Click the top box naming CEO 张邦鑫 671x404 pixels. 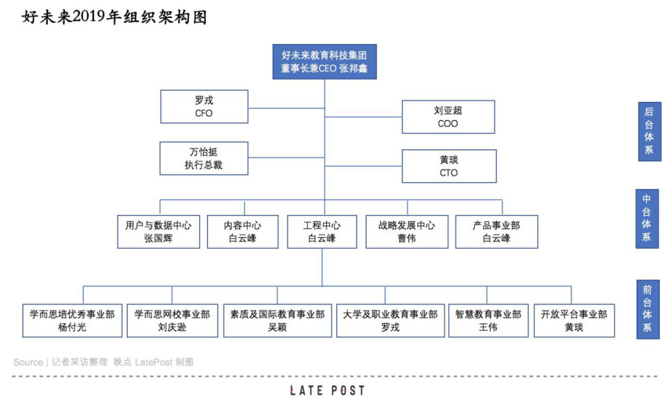pos(324,62)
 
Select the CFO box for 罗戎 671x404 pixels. pos(204,106)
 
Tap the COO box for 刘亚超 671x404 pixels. pos(448,117)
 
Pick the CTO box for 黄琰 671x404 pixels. pos(449,166)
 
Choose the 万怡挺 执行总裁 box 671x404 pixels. pos(204,158)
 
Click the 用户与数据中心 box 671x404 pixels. pos(158,232)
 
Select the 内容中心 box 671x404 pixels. pos(242,232)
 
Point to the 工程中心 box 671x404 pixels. pos(322,232)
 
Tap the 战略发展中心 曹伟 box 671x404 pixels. pos(407,232)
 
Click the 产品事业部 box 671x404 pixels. pos(496,232)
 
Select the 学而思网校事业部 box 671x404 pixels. pos(172,321)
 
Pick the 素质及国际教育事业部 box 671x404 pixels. pos(277,321)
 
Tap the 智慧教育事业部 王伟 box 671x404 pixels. pos(488,321)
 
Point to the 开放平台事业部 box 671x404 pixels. pos(574,321)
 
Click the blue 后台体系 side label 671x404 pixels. pos(649,131)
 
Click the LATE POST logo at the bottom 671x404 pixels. pos(327,390)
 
